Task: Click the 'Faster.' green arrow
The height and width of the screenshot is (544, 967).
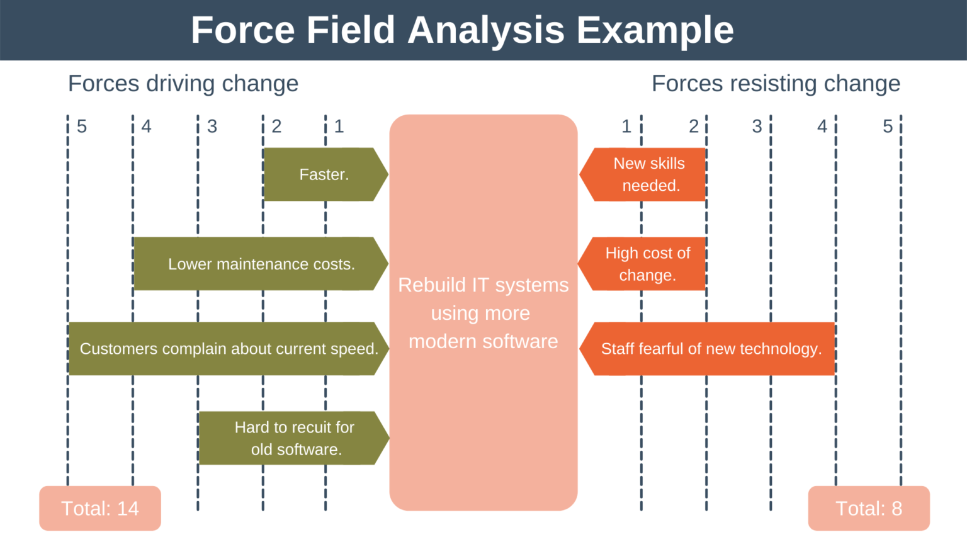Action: [324, 174]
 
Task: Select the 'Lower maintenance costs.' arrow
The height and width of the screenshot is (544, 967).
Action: [261, 264]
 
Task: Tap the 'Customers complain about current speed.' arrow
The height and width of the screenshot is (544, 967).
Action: [229, 349]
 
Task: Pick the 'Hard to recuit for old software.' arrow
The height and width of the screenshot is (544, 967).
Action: [294, 438]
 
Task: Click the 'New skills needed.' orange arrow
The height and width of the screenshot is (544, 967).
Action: [648, 174]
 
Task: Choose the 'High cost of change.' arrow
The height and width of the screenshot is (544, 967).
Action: [647, 264]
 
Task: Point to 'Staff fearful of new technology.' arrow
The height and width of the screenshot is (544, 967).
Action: [711, 349]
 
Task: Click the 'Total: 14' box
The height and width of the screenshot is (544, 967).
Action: [100, 508]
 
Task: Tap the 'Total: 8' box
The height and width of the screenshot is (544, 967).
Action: [869, 508]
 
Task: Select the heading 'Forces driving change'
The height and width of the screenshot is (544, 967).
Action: [183, 84]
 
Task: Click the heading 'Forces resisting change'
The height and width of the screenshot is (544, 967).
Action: [776, 84]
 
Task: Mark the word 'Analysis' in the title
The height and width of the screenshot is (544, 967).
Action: [486, 30]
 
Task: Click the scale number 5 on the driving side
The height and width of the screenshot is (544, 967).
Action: [82, 127]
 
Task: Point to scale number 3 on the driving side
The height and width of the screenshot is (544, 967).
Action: [212, 127]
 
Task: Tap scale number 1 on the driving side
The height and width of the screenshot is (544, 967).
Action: [339, 127]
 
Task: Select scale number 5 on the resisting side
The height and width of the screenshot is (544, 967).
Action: [888, 127]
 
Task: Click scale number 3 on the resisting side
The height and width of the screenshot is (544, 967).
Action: [757, 127]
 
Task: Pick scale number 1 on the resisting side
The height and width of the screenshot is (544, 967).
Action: [626, 127]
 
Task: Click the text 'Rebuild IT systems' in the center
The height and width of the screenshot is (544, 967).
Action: [483, 285]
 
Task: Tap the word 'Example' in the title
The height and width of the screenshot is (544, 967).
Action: [655, 30]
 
